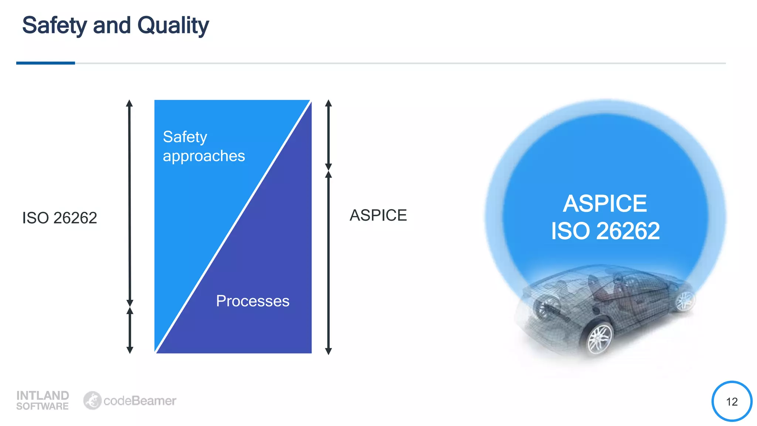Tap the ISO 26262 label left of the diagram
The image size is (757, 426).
pos(60,218)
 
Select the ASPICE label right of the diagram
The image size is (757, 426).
pos(378,215)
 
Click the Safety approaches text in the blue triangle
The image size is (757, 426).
pos(204,146)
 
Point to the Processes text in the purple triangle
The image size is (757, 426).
pos(252,301)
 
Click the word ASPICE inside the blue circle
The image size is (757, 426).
pos(605,203)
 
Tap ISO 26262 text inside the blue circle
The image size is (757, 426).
pos(605,231)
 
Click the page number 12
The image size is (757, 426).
pos(731,402)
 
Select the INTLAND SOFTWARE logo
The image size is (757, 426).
pos(43,400)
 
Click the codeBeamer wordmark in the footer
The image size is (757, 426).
pos(140,401)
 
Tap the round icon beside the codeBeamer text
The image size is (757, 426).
pos(92,400)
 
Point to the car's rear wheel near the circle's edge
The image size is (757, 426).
pos(685,301)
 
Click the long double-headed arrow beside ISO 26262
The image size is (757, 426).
pos(129,203)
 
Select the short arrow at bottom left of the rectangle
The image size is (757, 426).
pos(130,330)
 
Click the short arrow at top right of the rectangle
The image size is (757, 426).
pos(328,135)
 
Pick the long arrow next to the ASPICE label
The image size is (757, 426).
pos(328,263)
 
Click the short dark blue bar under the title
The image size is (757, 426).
pos(45,63)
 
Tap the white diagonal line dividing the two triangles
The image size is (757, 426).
pos(233,227)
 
